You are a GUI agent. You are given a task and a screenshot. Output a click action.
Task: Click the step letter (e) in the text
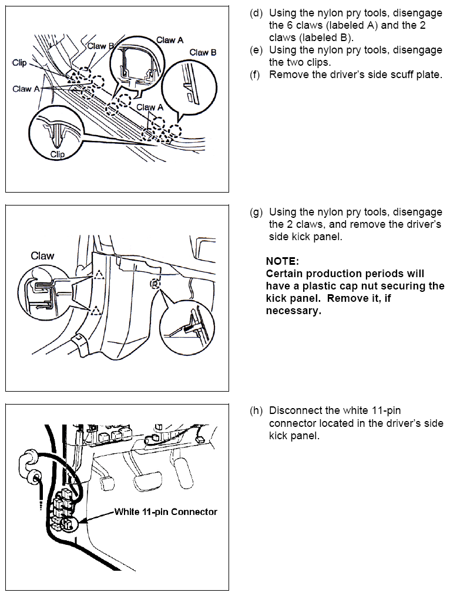click(256, 50)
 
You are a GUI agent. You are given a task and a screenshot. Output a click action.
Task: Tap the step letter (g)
click(256, 212)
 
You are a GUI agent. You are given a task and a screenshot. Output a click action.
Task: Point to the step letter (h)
click(256, 410)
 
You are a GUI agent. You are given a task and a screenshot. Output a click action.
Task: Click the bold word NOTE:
click(283, 261)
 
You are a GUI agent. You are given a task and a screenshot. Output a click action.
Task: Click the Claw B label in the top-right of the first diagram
click(203, 53)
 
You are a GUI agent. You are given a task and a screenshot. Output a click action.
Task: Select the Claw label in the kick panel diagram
click(42, 256)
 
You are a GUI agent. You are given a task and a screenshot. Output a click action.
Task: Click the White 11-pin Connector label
click(166, 511)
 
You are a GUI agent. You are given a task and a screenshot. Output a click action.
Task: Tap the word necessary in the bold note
click(293, 311)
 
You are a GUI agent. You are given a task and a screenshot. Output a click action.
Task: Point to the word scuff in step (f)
click(377, 75)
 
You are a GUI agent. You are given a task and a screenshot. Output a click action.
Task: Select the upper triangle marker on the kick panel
click(99, 274)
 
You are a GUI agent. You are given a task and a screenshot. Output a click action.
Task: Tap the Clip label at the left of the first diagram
click(19, 63)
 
